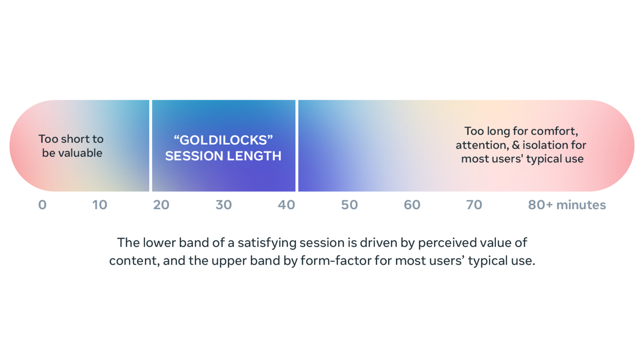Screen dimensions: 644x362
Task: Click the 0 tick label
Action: tap(42, 205)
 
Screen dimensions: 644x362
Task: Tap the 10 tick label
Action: tap(99, 205)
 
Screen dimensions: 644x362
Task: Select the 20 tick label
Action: tap(162, 205)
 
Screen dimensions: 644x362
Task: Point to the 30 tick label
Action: tap(224, 205)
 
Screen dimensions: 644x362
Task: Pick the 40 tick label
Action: tap(287, 205)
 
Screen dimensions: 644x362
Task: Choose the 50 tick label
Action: tap(349, 205)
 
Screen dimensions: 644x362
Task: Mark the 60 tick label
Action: tap(412, 205)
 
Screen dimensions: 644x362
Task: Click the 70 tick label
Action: tap(474, 205)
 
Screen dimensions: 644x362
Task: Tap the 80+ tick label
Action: tap(540, 205)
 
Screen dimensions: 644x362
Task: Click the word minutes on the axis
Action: tap(581, 205)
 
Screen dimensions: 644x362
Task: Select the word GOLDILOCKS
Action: tap(223, 140)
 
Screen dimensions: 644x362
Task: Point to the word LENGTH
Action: tap(254, 156)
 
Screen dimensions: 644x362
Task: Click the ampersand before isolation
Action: tap(516, 145)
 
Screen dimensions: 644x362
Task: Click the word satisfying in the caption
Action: tap(267, 243)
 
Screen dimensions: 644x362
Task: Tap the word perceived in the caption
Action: tap(444, 243)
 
